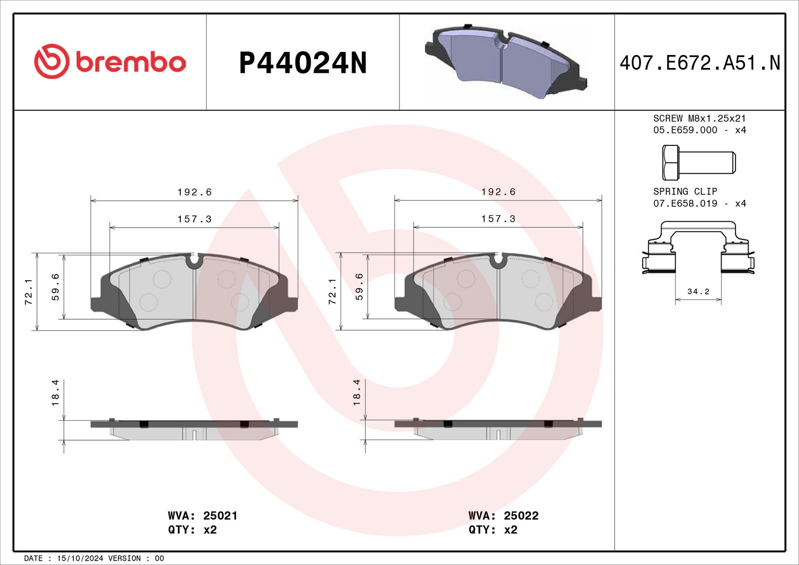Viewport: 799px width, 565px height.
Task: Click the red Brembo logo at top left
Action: pyautogui.click(x=110, y=61)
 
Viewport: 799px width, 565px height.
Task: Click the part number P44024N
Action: pyautogui.click(x=303, y=63)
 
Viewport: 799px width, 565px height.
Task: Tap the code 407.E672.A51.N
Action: pyautogui.click(x=700, y=63)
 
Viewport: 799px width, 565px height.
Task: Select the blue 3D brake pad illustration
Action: pyautogui.click(x=506, y=61)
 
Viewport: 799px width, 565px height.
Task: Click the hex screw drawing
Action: pyautogui.click(x=699, y=162)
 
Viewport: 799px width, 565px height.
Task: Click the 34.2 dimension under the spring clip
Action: pyautogui.click(x=698, y=292)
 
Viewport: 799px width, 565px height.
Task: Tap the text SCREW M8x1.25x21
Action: pyautogui.click(x=699, y=118)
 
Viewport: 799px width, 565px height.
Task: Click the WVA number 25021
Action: pyautogui.click(x=220, y=516)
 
